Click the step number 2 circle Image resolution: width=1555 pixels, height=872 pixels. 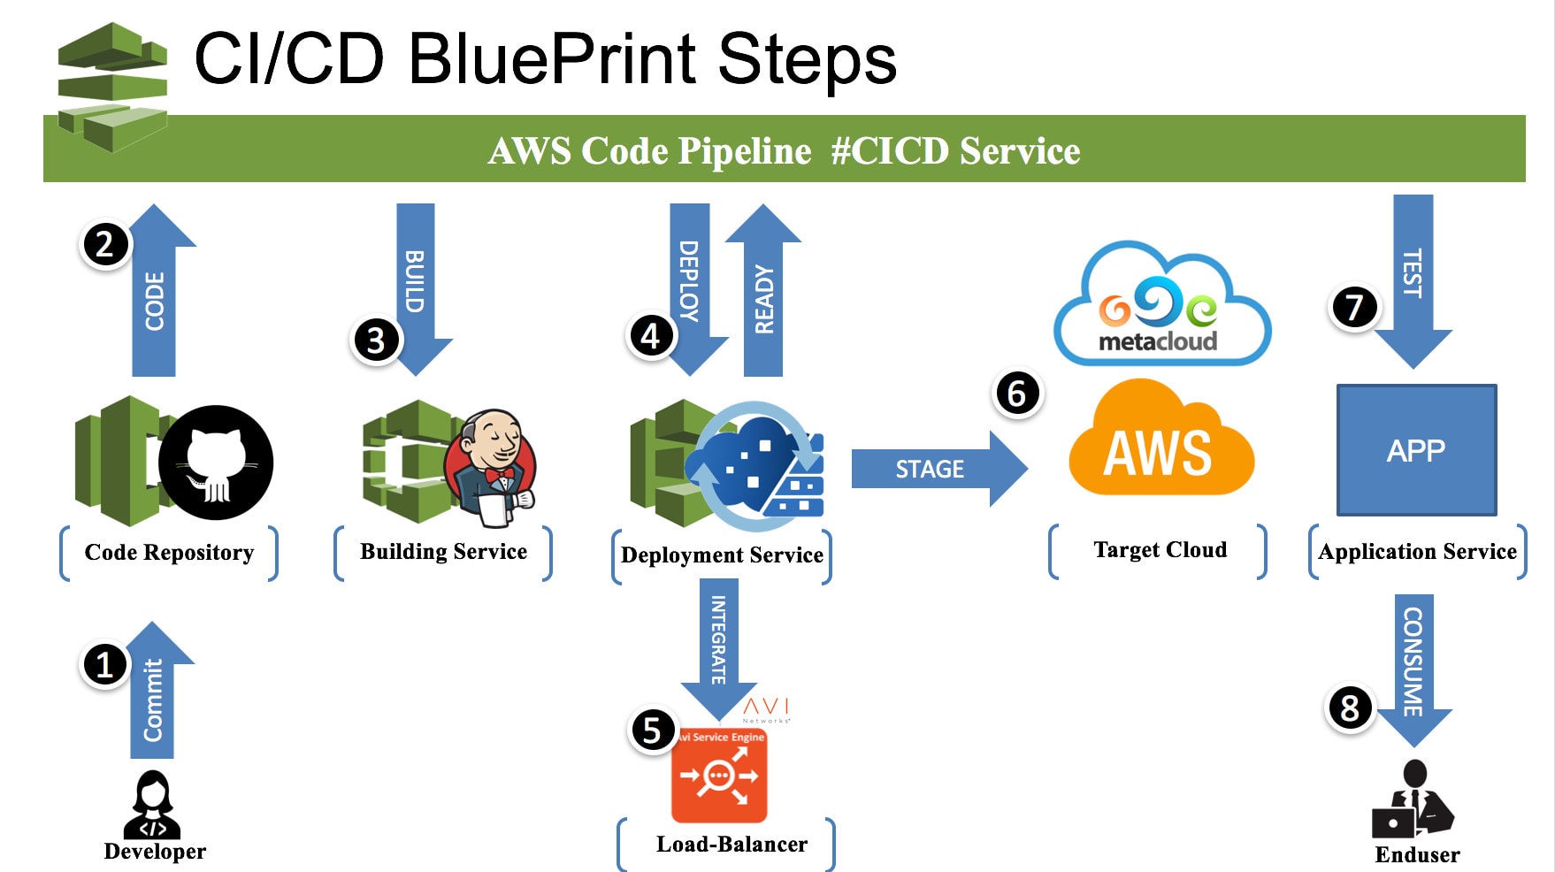pos(105,244)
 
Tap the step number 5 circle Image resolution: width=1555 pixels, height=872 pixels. pos(652,730)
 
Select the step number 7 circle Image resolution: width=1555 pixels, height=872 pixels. pos(1354,307)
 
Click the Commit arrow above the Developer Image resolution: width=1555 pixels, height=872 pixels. pos(154,694)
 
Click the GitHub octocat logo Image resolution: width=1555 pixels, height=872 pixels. pos(216,463)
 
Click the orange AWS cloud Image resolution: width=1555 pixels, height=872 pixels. pos(1160,442)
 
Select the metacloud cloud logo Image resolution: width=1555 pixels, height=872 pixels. pos(1160,305)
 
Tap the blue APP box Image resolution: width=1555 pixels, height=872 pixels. pos(1416,450)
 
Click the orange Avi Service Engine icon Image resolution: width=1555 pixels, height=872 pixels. pos(719,776)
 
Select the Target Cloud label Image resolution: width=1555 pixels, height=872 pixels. pos(1160,550)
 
